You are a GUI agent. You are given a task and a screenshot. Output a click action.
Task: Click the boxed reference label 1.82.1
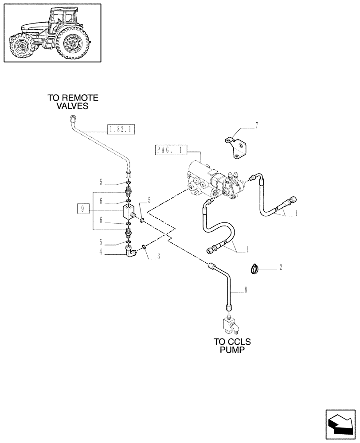(x=121, y=129)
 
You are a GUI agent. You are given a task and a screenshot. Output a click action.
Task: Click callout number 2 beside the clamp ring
(x=280, y=268)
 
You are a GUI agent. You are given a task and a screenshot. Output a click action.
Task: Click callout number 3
(x=158, y=256)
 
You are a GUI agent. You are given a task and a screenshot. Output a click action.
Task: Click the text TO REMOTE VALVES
(x=73, y=102)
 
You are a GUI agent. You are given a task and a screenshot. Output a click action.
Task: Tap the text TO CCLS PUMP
(x=232, y=346)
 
